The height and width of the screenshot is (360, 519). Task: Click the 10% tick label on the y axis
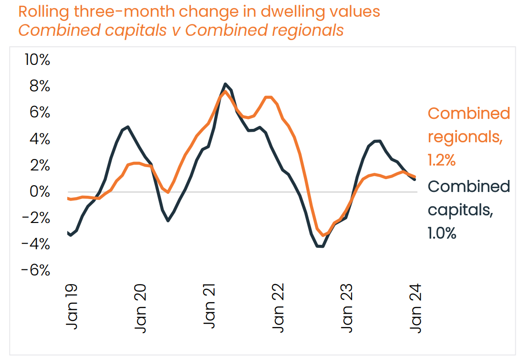(x=37, y=60)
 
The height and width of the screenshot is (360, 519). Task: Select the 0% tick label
(x=39, y=192)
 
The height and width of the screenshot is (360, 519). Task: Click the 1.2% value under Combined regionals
(x=442, y=160)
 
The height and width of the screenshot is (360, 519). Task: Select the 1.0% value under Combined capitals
(x=442, y=233)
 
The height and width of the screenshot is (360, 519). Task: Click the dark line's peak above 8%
(x=225, y=84)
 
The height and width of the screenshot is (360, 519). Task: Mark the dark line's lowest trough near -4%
(x=320, y=246)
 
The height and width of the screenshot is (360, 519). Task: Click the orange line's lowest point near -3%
(x=323, y=235)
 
